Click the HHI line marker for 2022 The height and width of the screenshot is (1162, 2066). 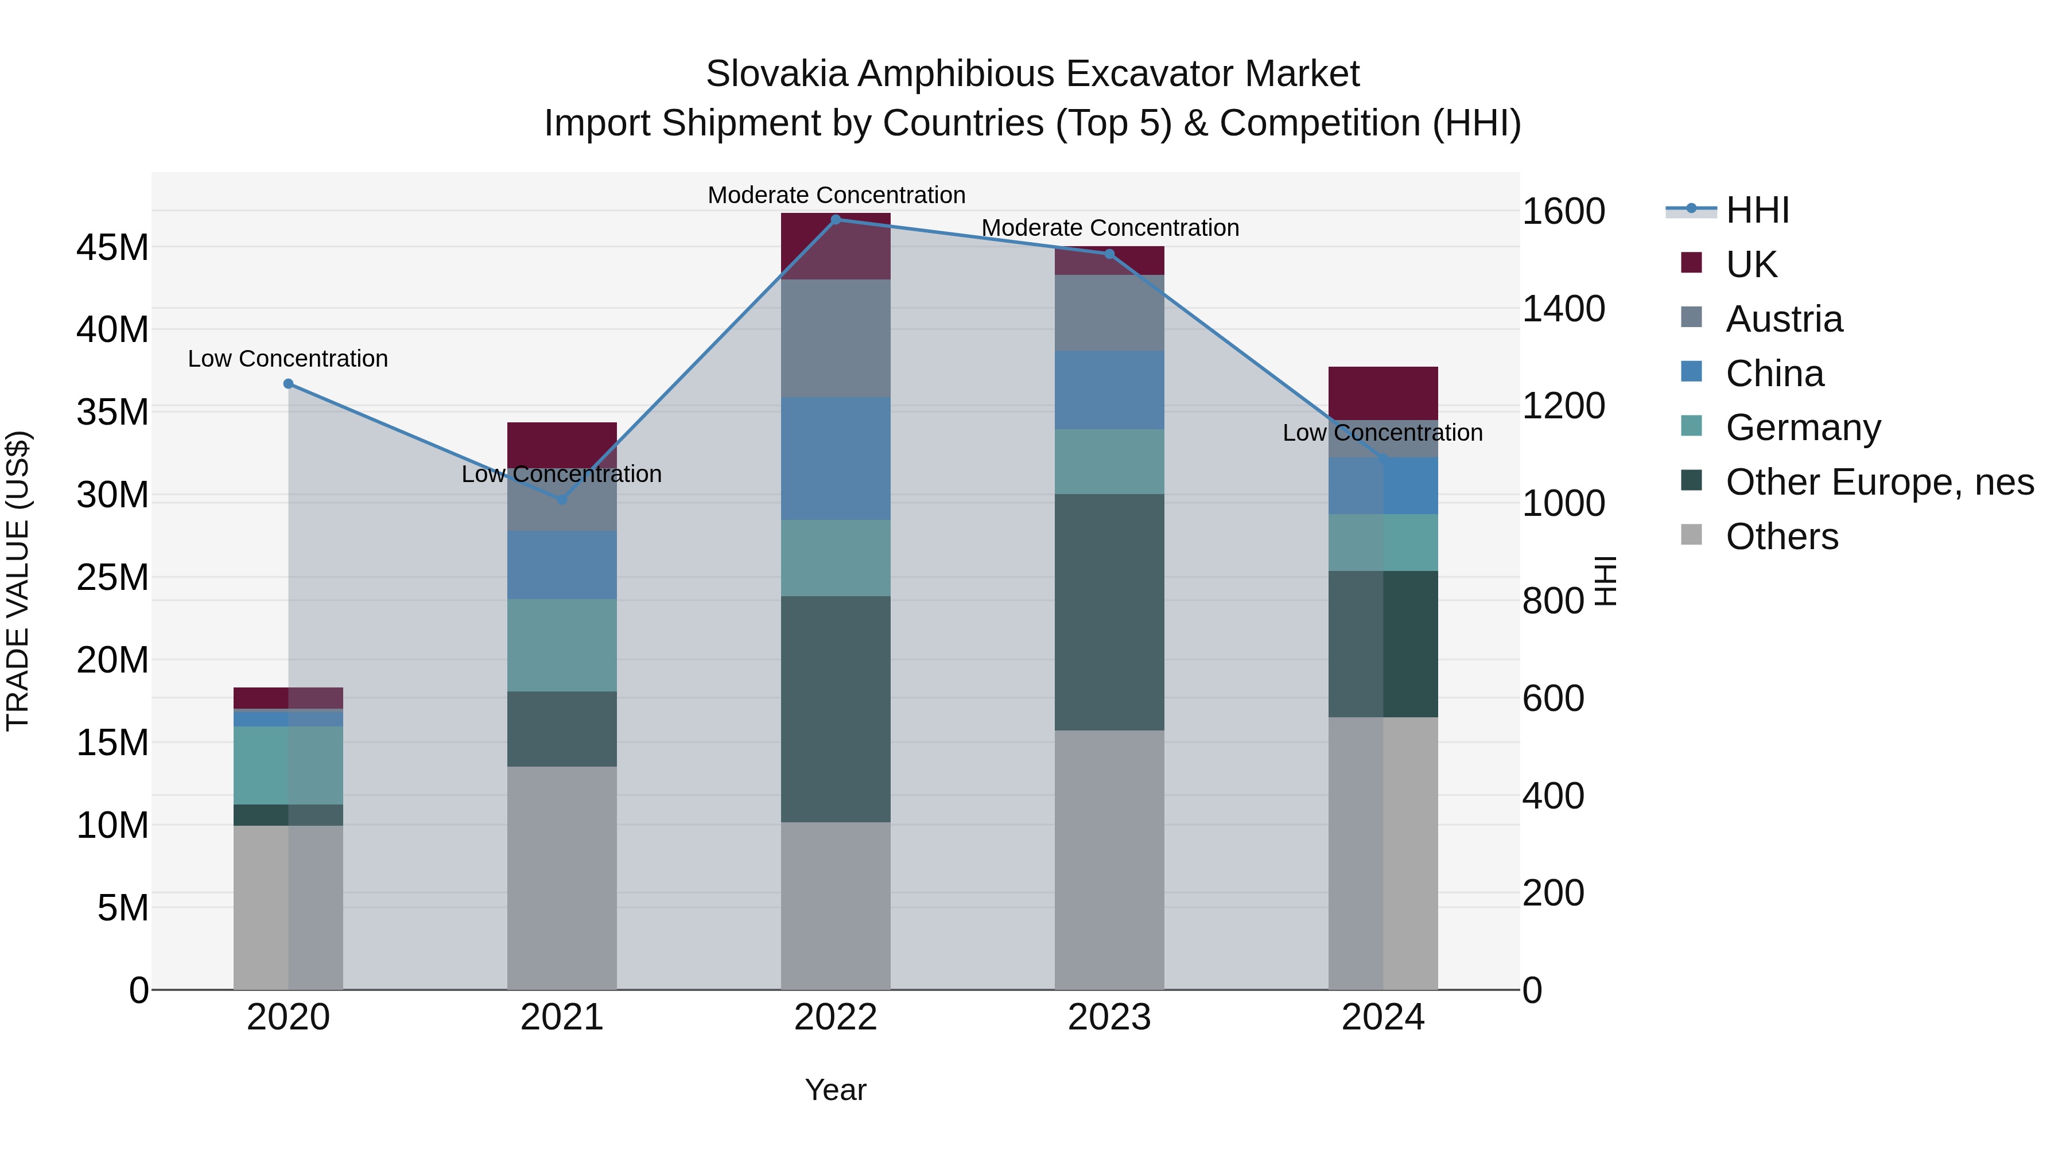[836, 220]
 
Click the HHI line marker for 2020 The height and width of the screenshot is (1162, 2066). [289, 384]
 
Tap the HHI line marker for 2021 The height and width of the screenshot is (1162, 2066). [562, 500]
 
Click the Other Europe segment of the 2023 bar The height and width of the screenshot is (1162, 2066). [1109, 612]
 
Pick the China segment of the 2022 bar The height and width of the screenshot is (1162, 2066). [836, 458]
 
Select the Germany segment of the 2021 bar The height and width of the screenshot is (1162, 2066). [562, 646]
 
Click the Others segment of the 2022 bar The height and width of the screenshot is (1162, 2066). [836, 906]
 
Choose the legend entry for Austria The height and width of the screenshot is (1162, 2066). [1784, 319]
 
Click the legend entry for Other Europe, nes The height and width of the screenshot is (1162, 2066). [1879, 482]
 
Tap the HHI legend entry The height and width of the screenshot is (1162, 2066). [1757, 210]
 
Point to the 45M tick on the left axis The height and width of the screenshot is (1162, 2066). [112, 248]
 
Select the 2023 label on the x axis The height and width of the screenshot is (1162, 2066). [1109, 1017]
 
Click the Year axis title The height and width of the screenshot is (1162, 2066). [836, 1090]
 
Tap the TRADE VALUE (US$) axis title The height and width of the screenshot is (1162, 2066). [18, 581]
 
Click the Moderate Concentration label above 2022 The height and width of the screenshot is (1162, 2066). [836, 195]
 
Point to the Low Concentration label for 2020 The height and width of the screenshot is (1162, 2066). [288, 359]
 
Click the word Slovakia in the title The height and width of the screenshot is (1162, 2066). [776, 74]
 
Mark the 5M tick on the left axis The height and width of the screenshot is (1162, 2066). [123, 908]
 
